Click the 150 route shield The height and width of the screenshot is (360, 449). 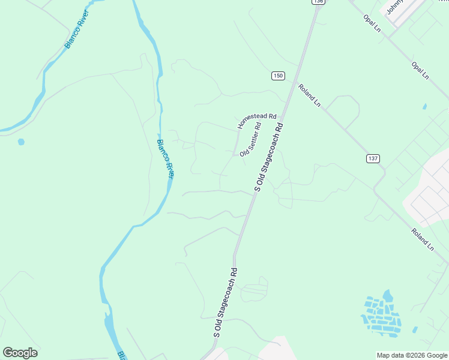click(x=277, y=76)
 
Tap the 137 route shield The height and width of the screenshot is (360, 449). click(x=373, y=158)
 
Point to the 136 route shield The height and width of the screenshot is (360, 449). click(x=318, y=2)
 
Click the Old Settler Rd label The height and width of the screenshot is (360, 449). click(x=251, y=139)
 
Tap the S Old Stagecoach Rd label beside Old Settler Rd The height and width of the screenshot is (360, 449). click(x=268, y=158)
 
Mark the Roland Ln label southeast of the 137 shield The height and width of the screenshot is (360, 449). click(x=423, y=238)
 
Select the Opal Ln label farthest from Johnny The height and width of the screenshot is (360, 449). click(x=420, y=70)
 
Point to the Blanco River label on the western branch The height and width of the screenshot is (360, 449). click(x=77, y=29)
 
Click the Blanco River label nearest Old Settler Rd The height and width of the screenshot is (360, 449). click(x=165, y=159)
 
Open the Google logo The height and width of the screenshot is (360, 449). click(x=20, y=353)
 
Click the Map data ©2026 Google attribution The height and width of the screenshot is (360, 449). click(x=412, y=355)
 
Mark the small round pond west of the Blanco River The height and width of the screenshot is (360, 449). click(x=22, y=142)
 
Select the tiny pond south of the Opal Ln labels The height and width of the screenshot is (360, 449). click(x=424, y=107)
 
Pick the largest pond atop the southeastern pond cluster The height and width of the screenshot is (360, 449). click(x=388, y=296)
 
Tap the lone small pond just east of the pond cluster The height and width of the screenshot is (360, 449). click(x=414, y=329)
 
